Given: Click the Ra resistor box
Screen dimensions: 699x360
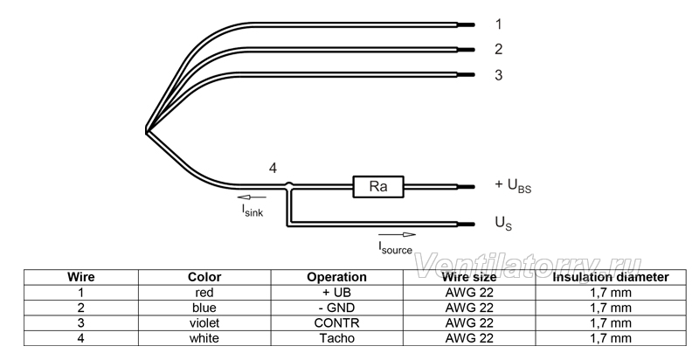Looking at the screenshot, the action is pyautogui.click(x=378, y=187).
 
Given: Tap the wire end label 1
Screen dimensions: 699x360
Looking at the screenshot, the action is pyautogui.click(x=498, y=24).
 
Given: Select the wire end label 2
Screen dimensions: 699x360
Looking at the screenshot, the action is pyautogui.click(x=498, y=49).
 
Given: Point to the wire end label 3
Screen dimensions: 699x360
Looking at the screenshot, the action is pyautogui.click(x=498, y=75).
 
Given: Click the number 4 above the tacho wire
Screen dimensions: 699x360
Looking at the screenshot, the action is pyautogui.click(x=273, y=169).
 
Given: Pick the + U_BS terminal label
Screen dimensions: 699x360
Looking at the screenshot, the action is pyautogui.click(x=513, y=185).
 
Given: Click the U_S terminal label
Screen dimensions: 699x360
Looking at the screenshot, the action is pyautogui.click(x=504, y=223).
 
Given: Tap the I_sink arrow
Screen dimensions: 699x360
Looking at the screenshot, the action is pyautogui.click(x=252, y=197).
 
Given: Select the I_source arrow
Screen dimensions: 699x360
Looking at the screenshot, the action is pyautogui.click(x=397, y=235).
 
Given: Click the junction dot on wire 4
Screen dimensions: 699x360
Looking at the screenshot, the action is pyautogui.click(x=289, y=184).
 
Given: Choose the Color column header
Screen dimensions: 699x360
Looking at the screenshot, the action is pyautogui.click(x=204, y=277).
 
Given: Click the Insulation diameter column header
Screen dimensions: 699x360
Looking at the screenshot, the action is pyautogui.click(x=611, y=277).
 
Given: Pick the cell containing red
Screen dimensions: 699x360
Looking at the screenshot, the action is pyautogui.click(x=204, y=293).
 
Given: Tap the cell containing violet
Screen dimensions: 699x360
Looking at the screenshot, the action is pyautogui.click(x=204, y=322).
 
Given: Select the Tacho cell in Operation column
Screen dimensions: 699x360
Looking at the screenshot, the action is pyautogui.click(x=337, y=338).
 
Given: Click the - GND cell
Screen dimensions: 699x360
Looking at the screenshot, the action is pyautogui.click(x=337, y=308).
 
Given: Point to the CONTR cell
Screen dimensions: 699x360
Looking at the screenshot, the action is pyautogui.click(x=337, y=322).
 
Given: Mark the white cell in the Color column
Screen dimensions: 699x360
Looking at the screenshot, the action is pyautogui.click(x=204, y=338).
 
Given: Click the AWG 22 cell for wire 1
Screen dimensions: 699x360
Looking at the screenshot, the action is pyautogui.click(x=469, y=293).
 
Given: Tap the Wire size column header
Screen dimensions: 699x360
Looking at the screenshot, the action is pyautogui.click(x=469, y=277).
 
